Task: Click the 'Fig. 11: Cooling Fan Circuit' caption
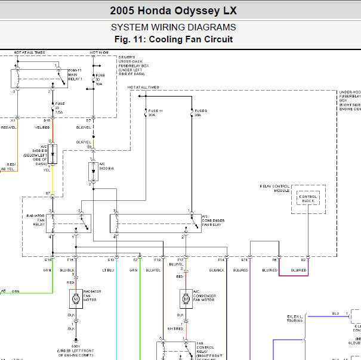coord(173,39)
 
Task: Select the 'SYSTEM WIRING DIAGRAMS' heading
coord(173,27)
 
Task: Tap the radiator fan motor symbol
coord(76,296)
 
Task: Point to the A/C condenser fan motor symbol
coord(186,296)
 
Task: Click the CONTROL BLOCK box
coord(308,198)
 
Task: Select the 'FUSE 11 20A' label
coord(155,113)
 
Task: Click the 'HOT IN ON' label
coord(98,52)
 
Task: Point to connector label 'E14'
coord(48,260)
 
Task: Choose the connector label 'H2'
coord(303,260)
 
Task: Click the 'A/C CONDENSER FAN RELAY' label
coord(212,220)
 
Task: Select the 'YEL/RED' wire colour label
coord(42,127)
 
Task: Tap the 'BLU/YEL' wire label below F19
coord(153,270)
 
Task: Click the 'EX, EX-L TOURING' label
coord(295,318)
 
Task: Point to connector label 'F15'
coord(70,260)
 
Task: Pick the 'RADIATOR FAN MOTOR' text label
coord(92,294)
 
